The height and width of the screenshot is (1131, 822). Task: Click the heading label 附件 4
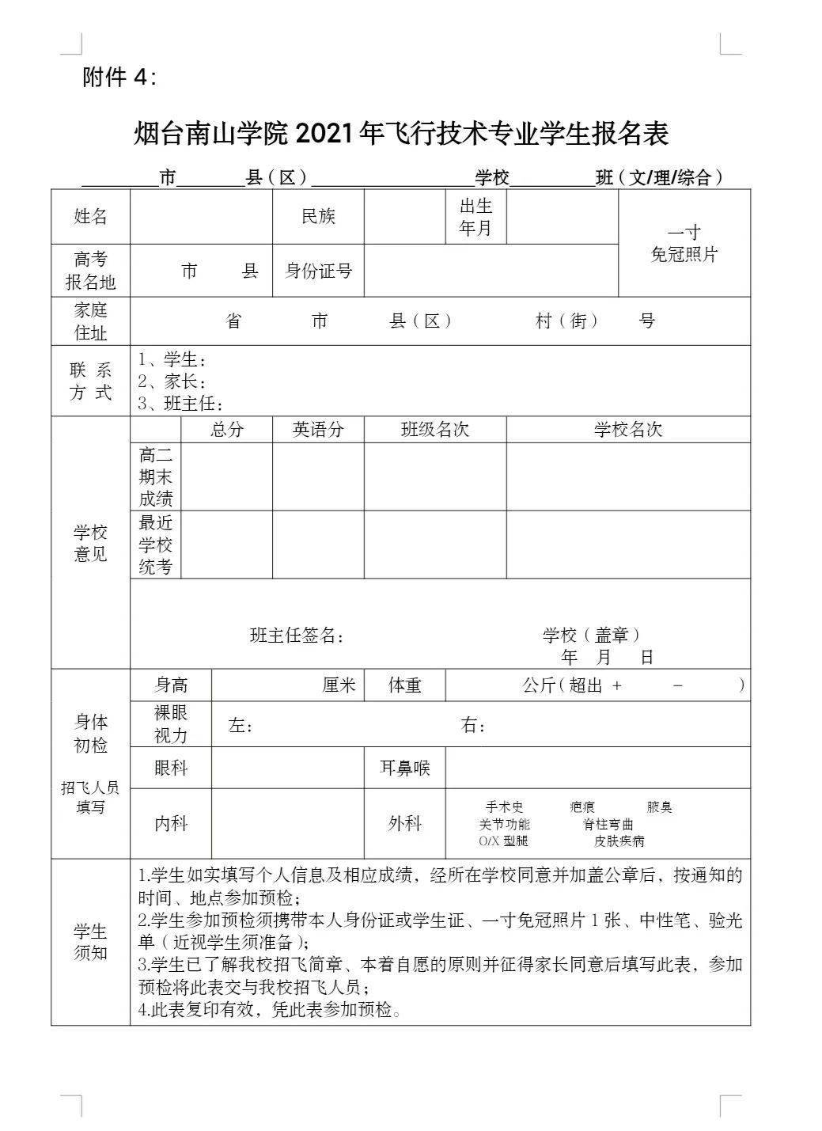click(119, 77)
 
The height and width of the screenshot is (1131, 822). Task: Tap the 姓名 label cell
click(90, 217)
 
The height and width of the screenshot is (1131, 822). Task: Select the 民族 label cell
click(318, 217)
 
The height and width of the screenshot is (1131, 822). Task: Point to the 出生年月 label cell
click(475, 217)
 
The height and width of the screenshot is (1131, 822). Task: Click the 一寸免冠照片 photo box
click(684, 244)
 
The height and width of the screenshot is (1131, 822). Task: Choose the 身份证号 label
click(318, 271)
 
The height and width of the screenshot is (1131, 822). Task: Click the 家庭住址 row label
click(90, 321)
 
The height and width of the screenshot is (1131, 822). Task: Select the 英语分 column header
click(318, 430)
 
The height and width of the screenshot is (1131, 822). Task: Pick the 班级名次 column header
click(434, 430)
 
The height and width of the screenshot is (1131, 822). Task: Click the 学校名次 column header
click(627, 430)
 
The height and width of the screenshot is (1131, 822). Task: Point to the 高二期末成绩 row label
click(155, 476)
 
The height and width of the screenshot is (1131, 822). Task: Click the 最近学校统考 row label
click(155, 545)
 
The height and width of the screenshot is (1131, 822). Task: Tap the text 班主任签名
click(297, 636)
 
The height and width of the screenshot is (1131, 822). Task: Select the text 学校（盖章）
click(591, 635)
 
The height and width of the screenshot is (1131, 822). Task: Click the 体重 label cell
click(404, 685)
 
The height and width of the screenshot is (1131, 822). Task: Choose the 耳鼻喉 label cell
click(404, 768)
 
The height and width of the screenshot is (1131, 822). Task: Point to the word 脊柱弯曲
click(608, 824)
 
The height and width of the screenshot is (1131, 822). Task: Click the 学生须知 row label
click(90, 942)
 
